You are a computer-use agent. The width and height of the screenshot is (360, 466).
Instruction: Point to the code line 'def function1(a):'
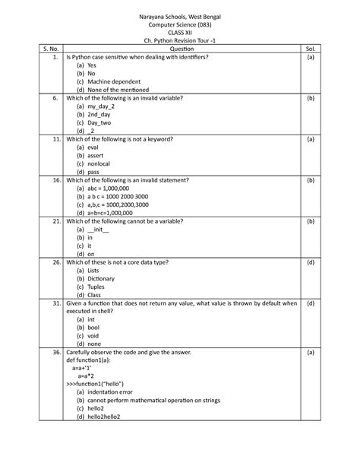(94, 364)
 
